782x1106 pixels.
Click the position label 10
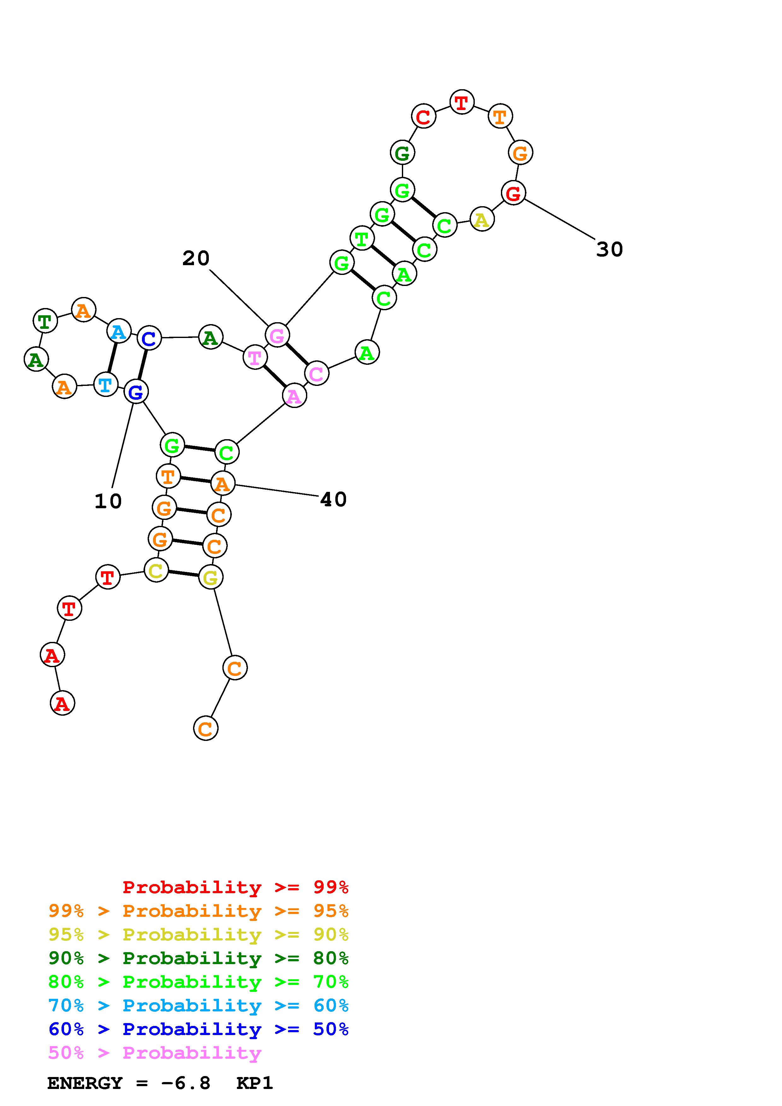(x=108, y=502)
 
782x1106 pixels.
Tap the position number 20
(x=196, y=259)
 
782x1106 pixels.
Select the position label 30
(x=609, y=249)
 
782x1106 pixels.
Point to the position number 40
(x=333, y=499)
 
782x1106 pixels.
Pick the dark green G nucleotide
(x=402, y=153)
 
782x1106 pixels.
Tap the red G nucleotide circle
(x=513, y=193)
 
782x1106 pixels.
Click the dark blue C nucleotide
(x=149, y=338)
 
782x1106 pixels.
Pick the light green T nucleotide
(x=362, y=238)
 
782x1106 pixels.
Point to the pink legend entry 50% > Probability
(x=155, y=1052)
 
